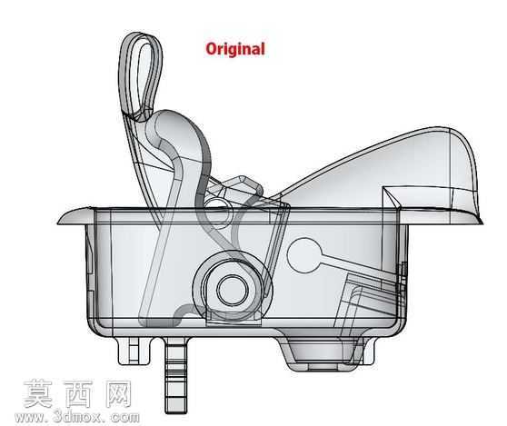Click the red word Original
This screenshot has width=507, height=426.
point(235,49)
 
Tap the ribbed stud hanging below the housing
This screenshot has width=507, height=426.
point(176,375)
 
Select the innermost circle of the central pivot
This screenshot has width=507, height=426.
point(232,289)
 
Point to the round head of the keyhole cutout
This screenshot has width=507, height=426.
point(304,255)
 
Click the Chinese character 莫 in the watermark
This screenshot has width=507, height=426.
point(38,393)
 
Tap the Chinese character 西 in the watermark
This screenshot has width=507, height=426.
point(78,393)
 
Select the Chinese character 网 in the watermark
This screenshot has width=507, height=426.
point(118,393)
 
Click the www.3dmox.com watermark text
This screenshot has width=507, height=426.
point(77,418)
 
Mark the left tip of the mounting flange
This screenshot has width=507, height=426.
point(58,223)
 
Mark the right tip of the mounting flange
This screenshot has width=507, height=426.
point(482,223)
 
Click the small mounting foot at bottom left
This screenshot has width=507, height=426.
point(134,351)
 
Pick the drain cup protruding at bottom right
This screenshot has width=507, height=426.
point(326,355)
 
